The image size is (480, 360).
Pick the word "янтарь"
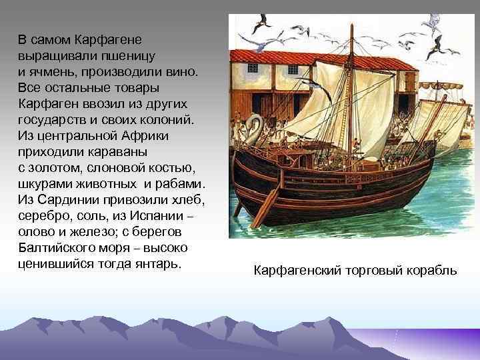click(152, 263)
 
